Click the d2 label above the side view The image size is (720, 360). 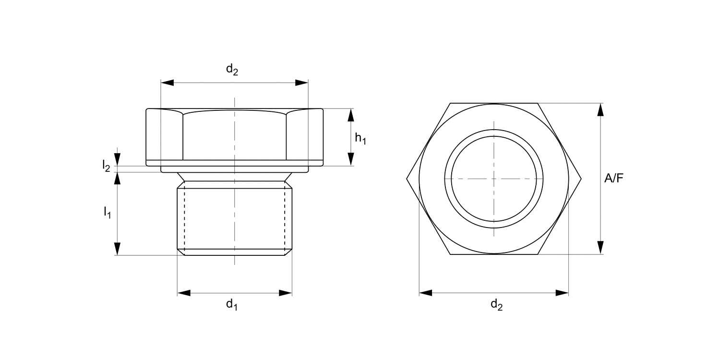click(232, 70)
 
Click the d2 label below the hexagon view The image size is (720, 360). click(496, 304)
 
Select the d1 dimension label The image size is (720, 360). click(232, 304)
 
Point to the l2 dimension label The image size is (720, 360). click(106, 166)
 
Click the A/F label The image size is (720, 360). click(614, 179)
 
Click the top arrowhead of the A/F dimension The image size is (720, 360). click(600, 109)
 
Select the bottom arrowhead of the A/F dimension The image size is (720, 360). click(600, 248)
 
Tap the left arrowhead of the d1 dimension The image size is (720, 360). click(184, 293)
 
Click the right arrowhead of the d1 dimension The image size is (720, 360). click(286, 293)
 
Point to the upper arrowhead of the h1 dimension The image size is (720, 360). click(351, 115)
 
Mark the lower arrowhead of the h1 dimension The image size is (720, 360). click(351, 159)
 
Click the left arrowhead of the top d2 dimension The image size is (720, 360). click(167, 83)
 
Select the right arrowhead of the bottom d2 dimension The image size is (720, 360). click(562, 293)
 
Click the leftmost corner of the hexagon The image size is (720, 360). click(407, 179)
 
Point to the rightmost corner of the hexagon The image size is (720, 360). click(581, 179)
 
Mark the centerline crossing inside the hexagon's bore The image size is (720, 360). click(494, 179)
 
